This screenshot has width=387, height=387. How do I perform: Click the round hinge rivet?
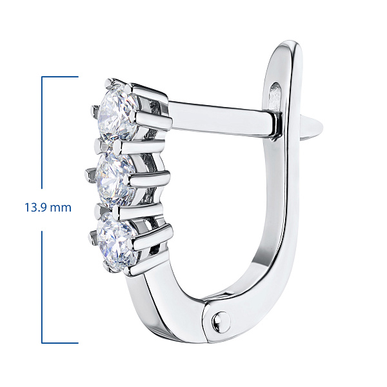pos(221,322)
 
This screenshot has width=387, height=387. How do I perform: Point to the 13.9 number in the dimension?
pos(35,207)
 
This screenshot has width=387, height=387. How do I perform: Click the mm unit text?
pos(60,208)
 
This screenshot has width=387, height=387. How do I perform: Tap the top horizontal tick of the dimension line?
pos(60,77)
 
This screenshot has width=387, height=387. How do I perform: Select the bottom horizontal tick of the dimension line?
pos(60,343)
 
